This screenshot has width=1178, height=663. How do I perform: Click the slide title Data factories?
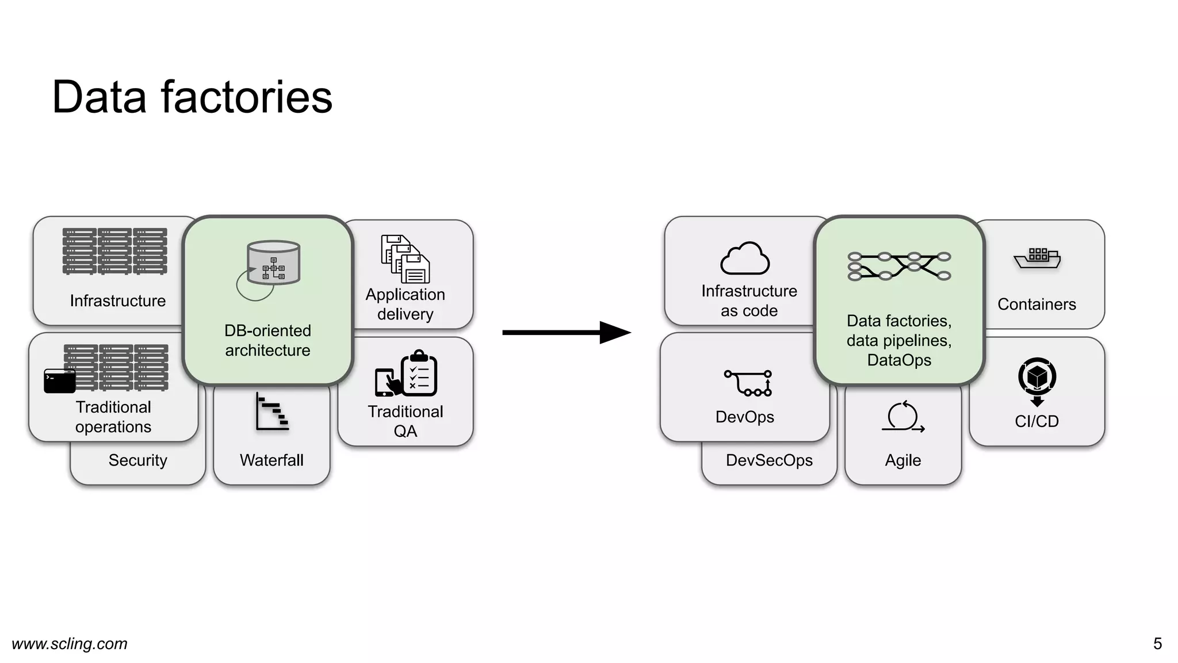(192, 97)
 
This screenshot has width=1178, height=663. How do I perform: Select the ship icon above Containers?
(1037, 258)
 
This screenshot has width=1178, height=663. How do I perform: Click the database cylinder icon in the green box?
(273, 263)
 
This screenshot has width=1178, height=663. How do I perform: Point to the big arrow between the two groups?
(567, 333)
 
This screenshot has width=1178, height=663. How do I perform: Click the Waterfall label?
(271, 460)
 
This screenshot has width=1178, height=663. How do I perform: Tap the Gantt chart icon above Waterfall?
(272, 412)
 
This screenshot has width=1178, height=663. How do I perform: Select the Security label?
(137, 460)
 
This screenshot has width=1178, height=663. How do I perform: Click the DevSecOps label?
(769, 460)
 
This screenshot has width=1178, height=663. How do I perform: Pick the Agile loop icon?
(902, 417)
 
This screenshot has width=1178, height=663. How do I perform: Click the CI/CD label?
(1037, 421)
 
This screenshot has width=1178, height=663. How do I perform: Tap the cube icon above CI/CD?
(1037, 378)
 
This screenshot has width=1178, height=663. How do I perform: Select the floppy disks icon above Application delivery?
(405, 258)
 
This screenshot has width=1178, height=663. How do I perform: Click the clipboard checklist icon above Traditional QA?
(419, 374)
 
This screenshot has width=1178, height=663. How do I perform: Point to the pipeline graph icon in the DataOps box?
(899, 266)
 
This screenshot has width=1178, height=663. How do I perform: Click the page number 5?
(1157, 643)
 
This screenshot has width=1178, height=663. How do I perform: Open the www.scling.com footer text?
(70, 643)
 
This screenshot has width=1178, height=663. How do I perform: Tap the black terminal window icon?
(60, 381)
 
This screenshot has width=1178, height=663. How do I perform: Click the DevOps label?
(744, 417)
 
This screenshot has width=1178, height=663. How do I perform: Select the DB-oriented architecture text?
(267, 340)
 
